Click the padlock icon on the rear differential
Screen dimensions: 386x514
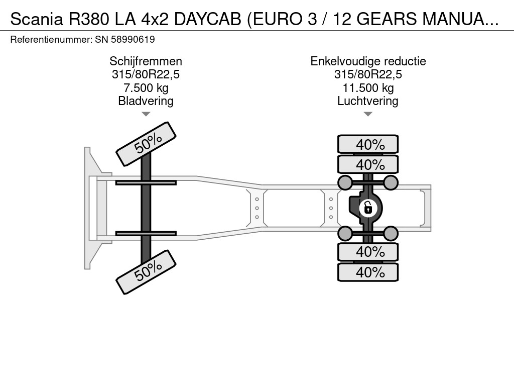coord(368,207)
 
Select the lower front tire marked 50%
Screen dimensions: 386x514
coord(146,271)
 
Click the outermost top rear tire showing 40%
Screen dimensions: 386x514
coord(368,144)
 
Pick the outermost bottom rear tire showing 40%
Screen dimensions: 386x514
coord(368,272)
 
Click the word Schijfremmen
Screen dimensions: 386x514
coord(146,61)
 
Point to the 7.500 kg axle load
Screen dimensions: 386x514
coord(146,88)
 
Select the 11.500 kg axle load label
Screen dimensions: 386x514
coord(368,88)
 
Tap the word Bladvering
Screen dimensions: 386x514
coord(146,101)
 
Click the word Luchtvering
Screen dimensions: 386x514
coord(368,101)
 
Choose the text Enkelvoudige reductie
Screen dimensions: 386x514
coord(368,61)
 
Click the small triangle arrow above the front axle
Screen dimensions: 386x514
coord(146,114)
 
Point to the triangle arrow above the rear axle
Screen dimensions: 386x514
coord(368,114)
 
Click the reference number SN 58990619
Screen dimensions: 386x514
coord(125,39)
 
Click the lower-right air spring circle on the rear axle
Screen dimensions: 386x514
coord(391,233)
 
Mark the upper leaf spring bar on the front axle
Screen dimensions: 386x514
coord(146,182)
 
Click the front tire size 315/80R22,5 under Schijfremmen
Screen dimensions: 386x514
coord(146,75)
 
